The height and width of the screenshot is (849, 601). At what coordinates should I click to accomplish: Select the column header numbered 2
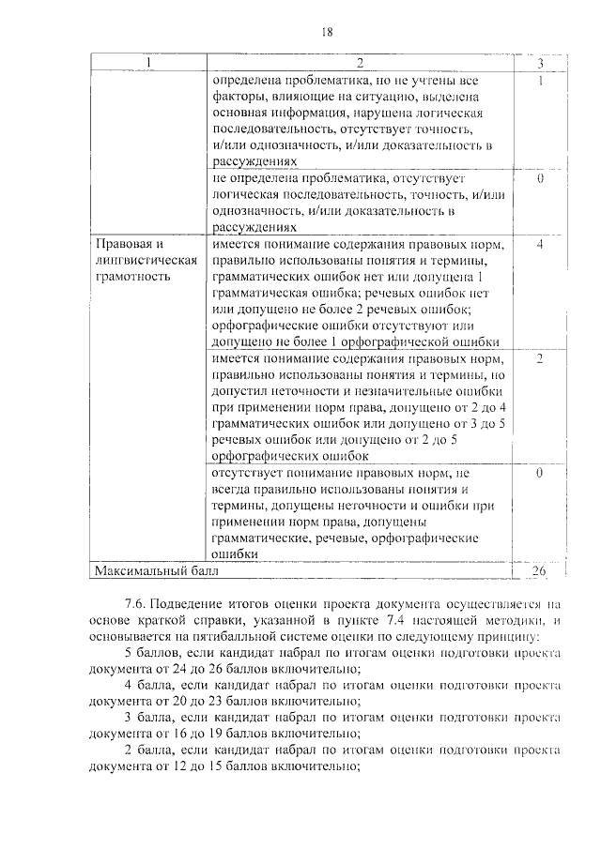point(359,64)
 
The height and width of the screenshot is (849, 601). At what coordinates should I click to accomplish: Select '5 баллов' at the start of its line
point(149,653)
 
